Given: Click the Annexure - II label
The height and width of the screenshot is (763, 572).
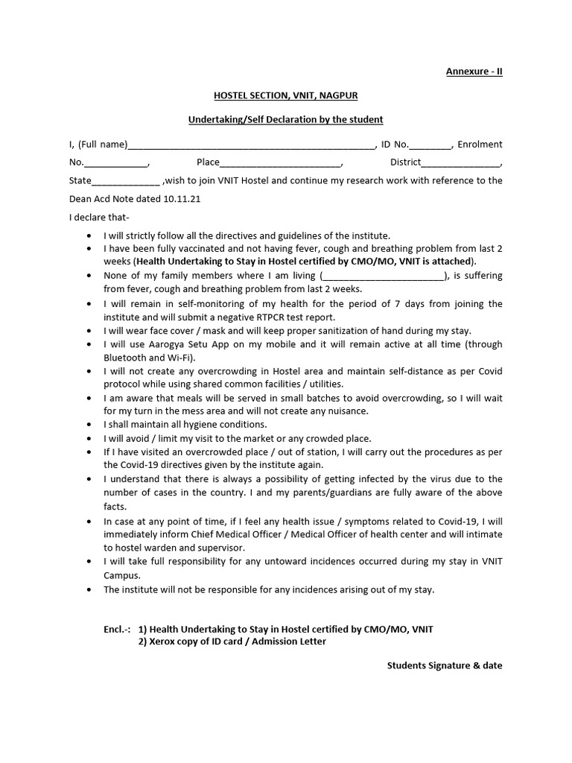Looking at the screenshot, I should tap(474, 72).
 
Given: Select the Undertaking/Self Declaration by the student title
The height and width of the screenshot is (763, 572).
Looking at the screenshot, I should tap(285, 120).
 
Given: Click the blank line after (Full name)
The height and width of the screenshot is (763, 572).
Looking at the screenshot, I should tap(252, 145).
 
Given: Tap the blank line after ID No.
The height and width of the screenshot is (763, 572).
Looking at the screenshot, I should tap(430, 145).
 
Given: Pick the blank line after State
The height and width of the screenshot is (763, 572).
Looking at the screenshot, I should tap(125, 181).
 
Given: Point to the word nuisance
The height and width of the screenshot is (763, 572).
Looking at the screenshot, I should tap(348, 411).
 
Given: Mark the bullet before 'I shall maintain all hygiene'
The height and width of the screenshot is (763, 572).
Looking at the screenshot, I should tap(90, 425).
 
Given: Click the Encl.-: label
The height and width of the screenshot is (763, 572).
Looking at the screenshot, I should tap(117, 629).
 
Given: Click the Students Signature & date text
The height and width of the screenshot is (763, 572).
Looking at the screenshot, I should tap(445, 665).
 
